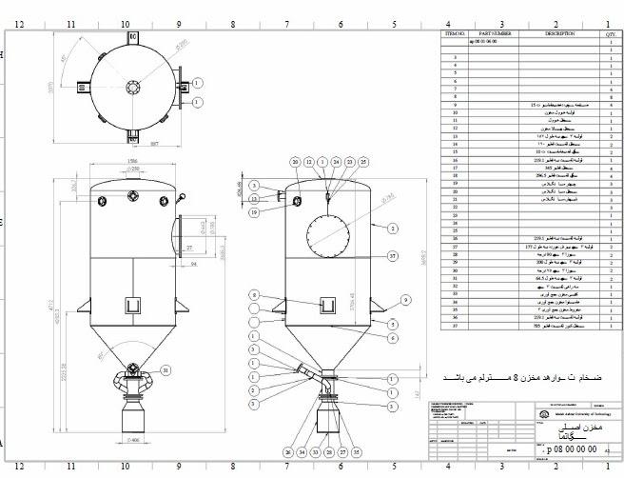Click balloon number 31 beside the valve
coord(166,370)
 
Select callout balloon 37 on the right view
coord(344,452)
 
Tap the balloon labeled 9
coord(405,300)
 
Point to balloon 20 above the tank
coord(296,163)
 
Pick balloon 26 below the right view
coord(287,452)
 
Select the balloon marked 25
coord(362,163)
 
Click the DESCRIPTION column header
coord(559,33)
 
